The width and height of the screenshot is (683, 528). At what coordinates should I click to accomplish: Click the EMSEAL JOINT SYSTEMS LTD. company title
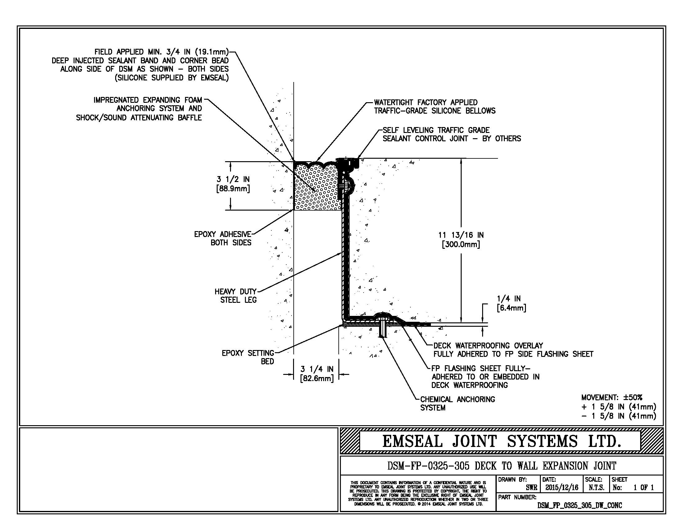(501, 441)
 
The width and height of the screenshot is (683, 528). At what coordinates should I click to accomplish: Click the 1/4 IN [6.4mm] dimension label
(511, 303)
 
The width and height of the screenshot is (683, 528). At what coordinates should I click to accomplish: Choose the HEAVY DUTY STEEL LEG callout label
(236, 296)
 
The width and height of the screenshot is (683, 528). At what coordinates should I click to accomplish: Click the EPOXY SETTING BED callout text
(248, 357)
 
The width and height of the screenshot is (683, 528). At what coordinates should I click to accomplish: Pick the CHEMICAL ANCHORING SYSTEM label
(457, 403)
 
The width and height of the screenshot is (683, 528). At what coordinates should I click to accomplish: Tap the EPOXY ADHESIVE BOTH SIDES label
(223, 238)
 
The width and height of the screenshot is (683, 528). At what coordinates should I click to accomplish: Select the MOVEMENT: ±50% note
(611, 398)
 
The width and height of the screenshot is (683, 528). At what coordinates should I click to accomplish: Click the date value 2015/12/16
(562, 487)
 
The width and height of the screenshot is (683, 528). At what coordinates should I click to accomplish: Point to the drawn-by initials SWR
(531, 487)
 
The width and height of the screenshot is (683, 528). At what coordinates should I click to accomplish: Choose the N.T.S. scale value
(596, 487)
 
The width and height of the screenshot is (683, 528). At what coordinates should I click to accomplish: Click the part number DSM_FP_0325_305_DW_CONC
(580, 505)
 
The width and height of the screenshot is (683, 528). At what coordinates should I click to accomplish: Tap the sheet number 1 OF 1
(643, 487)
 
